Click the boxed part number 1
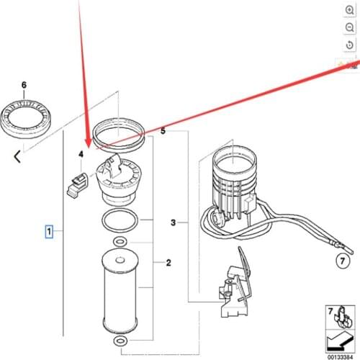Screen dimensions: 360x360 point(49,232)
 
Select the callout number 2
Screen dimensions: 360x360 point(168,263)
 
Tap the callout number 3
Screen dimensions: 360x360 point(173,223)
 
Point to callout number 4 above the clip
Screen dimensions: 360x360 point(81,154)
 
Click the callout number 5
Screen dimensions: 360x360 point(163,132)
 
